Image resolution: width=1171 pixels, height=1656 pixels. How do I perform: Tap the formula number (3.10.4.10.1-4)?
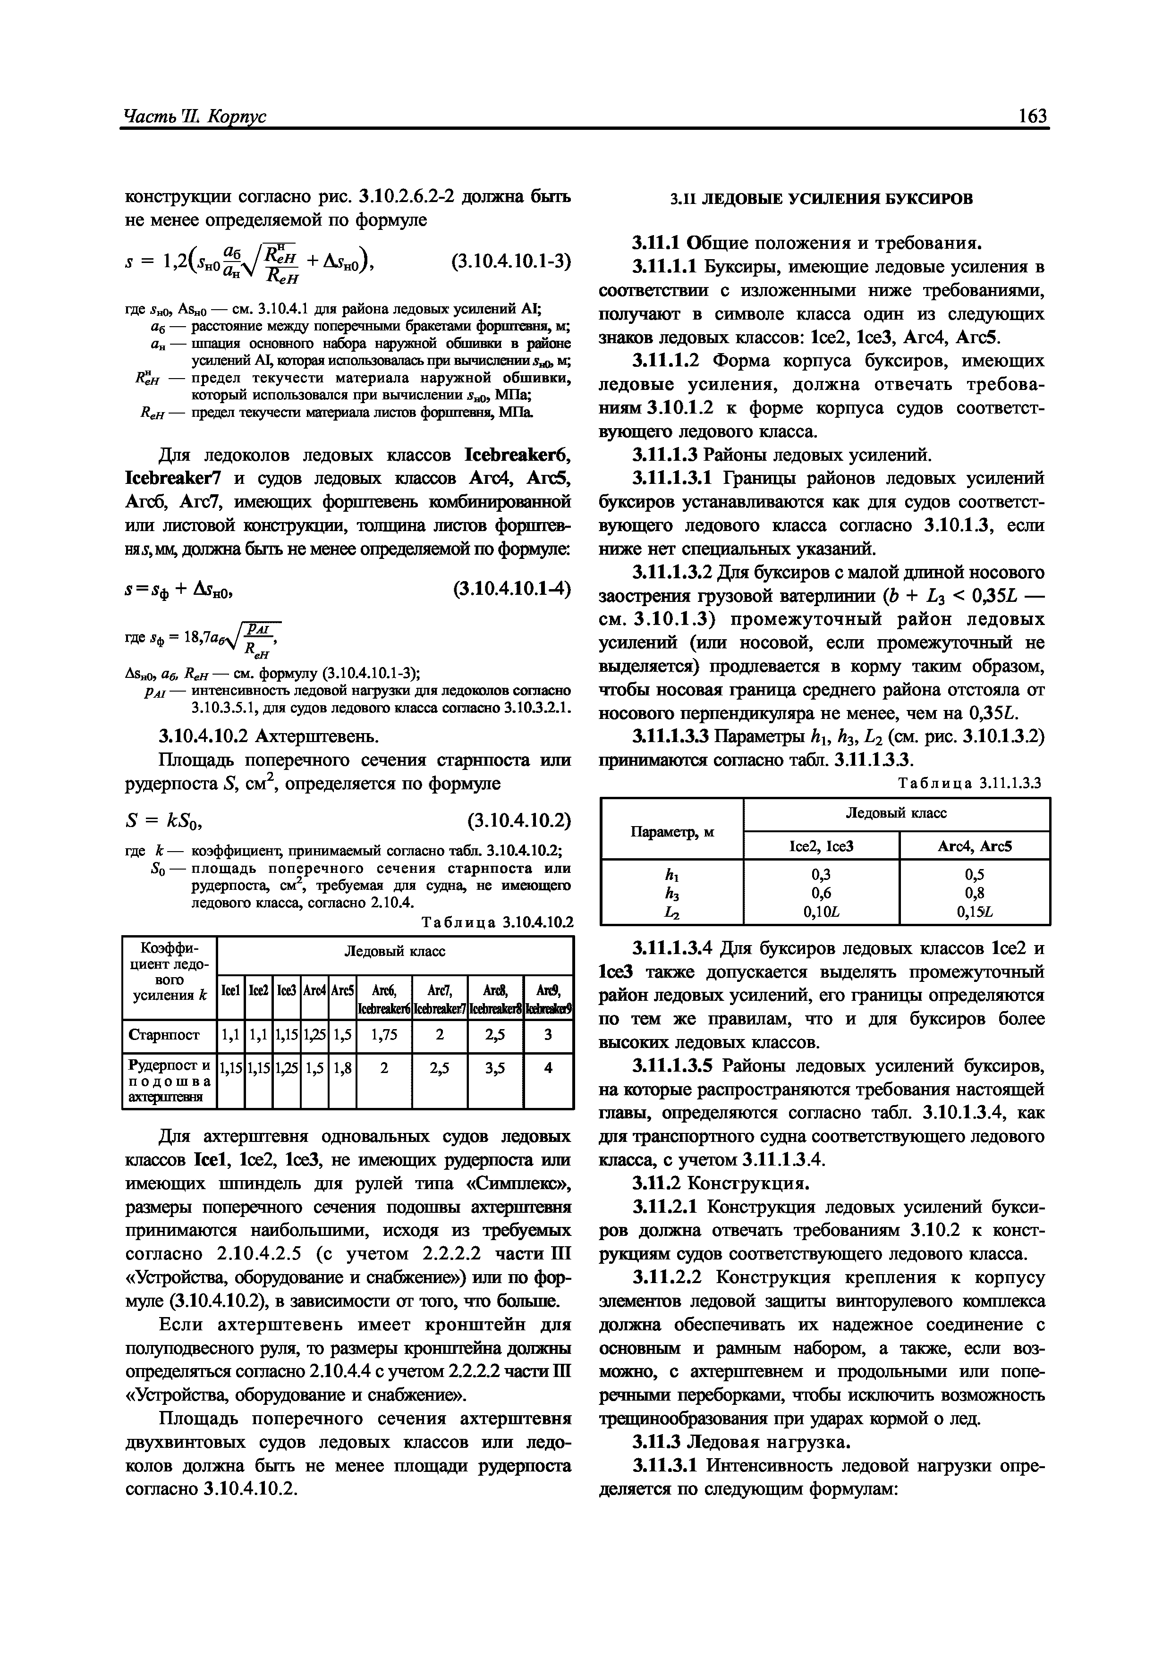point(511,589)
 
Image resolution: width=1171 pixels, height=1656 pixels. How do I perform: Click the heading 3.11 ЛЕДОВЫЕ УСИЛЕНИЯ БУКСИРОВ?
point(822,198)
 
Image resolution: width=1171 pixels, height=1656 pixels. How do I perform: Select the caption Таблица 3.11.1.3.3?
point(970,783)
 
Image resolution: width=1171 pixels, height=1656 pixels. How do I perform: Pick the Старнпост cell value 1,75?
point(384,1035)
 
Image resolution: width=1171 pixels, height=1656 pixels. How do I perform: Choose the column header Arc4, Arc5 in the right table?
point(974,846)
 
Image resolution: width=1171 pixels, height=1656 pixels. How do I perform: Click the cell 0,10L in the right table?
point(821,912)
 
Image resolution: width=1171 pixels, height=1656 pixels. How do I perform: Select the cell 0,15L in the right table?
point(974,912)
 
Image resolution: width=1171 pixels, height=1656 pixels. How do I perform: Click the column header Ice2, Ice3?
point(821,846)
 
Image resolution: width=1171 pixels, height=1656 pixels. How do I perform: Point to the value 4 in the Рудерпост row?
point(548,1067)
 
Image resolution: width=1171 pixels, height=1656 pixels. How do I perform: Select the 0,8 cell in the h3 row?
point(974,893)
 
